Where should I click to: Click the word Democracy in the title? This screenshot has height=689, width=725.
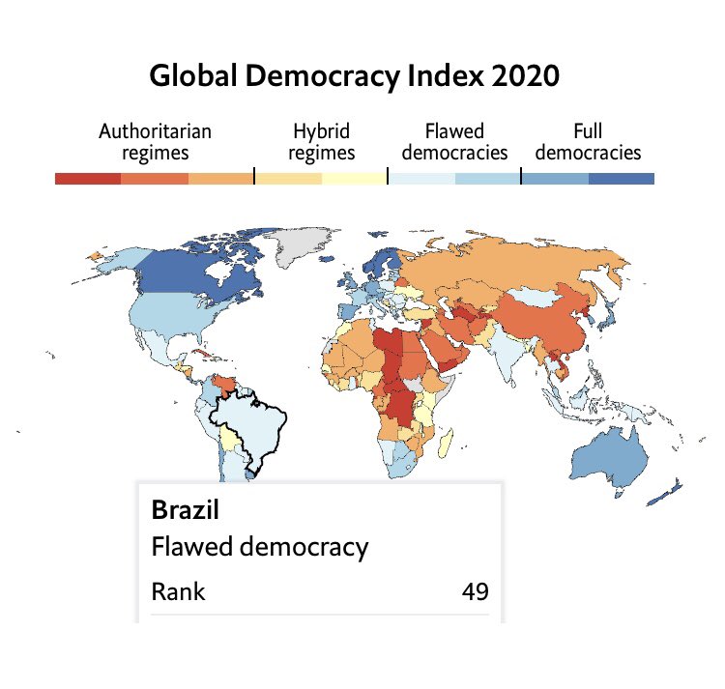coord(322,75)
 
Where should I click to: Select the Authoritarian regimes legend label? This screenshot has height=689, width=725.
coord(155,142)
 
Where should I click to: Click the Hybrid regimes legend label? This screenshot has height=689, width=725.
coord(321,142)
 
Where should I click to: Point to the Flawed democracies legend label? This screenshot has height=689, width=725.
coord(454,142)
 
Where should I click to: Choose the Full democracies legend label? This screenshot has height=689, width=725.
coord(588,142)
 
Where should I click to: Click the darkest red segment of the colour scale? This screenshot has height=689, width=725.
coord(88,179)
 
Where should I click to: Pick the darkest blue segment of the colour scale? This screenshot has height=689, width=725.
coord(622,179)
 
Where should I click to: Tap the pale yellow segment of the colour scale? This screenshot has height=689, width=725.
coord(354,179)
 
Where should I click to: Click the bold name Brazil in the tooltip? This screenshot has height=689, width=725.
coord(185,510)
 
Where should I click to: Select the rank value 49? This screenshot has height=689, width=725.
coord(475,591)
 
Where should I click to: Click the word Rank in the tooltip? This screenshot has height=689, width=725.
coord(178,591)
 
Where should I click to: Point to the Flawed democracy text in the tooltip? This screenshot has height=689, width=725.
coord(260,548)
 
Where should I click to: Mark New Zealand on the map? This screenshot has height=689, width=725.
coord(666,493)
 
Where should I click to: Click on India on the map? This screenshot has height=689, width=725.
coord(507,351)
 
